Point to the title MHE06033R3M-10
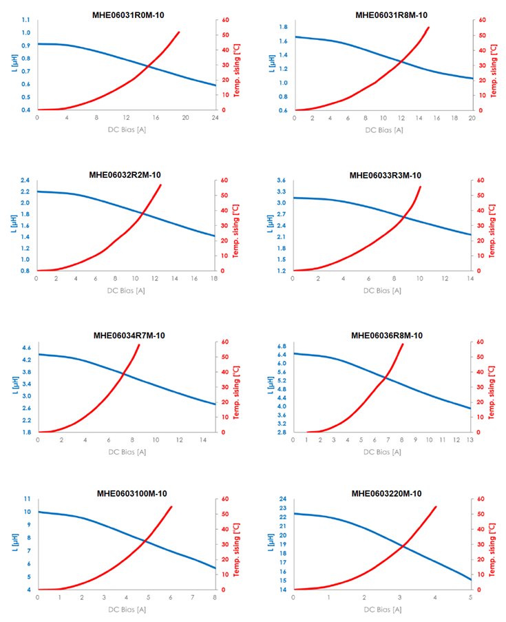(x=386, y=175)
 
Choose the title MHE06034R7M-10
(x=129, y=335)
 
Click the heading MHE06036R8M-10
(x=387, y=335)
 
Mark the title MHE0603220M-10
(x=387, y=493)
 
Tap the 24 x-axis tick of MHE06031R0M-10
(x=215, y=118)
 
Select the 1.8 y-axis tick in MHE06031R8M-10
(x=283, y=27)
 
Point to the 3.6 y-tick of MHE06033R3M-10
(x=282, y=180)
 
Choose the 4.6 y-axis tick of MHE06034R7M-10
(x=25, y=348)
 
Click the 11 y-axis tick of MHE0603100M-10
(x=27, y=499)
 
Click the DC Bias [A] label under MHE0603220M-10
(x=383, y=610)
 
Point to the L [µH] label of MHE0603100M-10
(x=12, y=543)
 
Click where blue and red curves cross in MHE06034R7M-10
(x=123, y=374)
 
